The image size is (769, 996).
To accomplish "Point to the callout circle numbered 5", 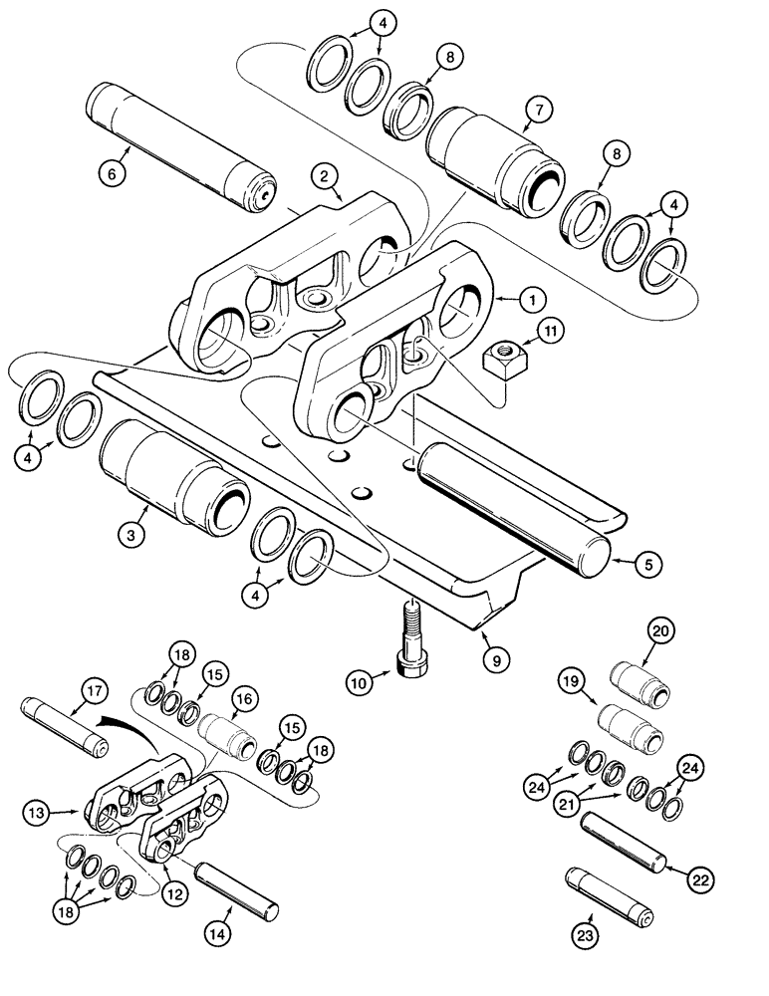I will click(x=646, y=563).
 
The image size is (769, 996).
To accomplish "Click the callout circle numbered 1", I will click(x=533, y=298).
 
